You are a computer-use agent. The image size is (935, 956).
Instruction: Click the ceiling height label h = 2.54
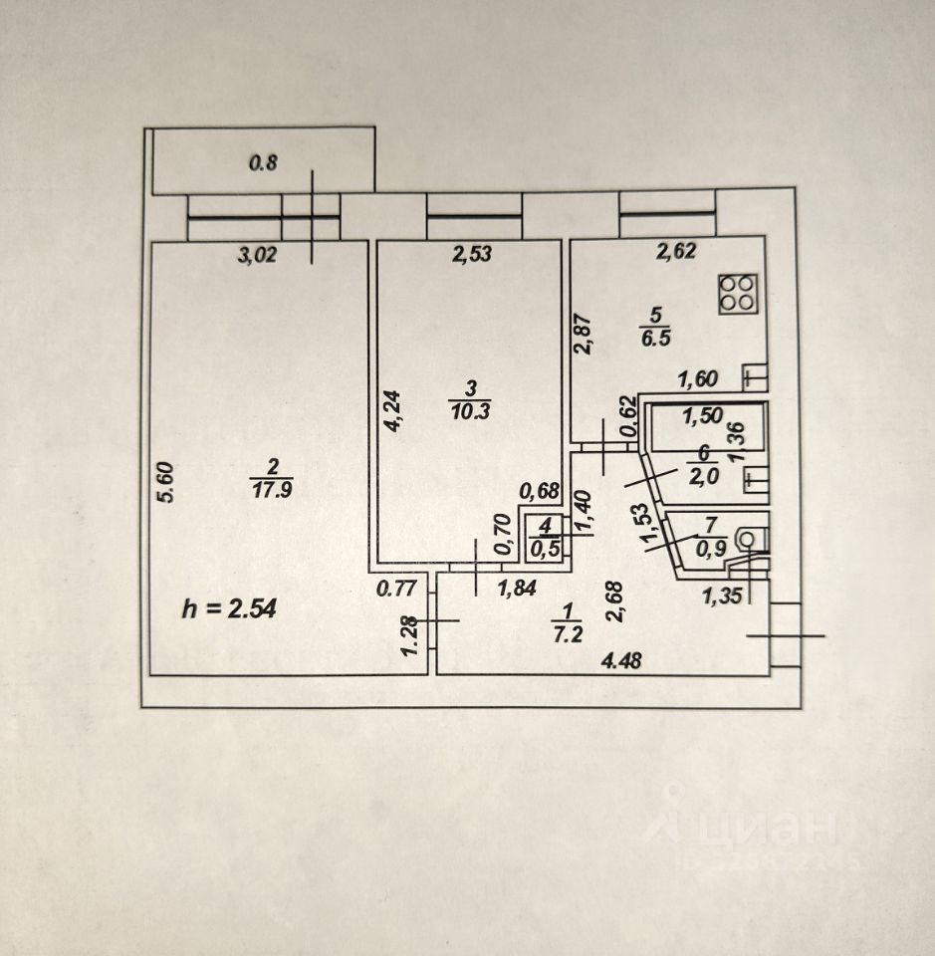[229, 607]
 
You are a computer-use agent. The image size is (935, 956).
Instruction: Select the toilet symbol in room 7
[746, 539]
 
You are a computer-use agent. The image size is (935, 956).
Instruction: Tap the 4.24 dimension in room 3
[394, 409]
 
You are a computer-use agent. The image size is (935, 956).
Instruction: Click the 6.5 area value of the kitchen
[656, 337]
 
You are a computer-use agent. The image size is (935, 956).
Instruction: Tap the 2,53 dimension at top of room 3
[472, 255]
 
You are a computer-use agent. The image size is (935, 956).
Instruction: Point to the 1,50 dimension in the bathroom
[703, 418]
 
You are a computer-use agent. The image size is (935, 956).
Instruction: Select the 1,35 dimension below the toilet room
[722, 597]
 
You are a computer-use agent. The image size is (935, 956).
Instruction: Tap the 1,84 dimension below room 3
[516, 588]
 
